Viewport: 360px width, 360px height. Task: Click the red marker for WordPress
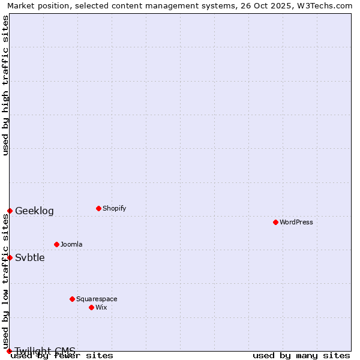click(275, 222)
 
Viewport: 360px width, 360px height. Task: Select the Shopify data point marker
click(98, 208)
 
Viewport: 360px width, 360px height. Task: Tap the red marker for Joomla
click(56, 244)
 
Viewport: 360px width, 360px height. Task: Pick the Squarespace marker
click(72, 299)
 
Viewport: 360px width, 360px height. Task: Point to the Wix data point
click(91, 307)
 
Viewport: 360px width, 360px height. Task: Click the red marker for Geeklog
click(10, 211)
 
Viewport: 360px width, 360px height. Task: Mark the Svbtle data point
click(10, 257)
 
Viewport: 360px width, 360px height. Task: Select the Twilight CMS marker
click(10, 351)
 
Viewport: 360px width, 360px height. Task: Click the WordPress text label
click(296, 222)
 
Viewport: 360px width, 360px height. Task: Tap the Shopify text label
click(114, 208)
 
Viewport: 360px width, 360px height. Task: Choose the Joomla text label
click(71, 244)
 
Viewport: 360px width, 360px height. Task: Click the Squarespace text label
click(97, 299)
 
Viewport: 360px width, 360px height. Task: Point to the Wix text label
click(101, 307)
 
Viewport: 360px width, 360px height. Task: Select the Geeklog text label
click(34, 211)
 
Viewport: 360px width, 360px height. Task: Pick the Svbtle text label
click(30, 257)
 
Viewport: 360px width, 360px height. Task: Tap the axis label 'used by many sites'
click(301, 355)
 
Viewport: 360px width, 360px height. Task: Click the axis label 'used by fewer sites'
click(62, 355)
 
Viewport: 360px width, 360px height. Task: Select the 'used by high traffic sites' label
click(5, 85)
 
